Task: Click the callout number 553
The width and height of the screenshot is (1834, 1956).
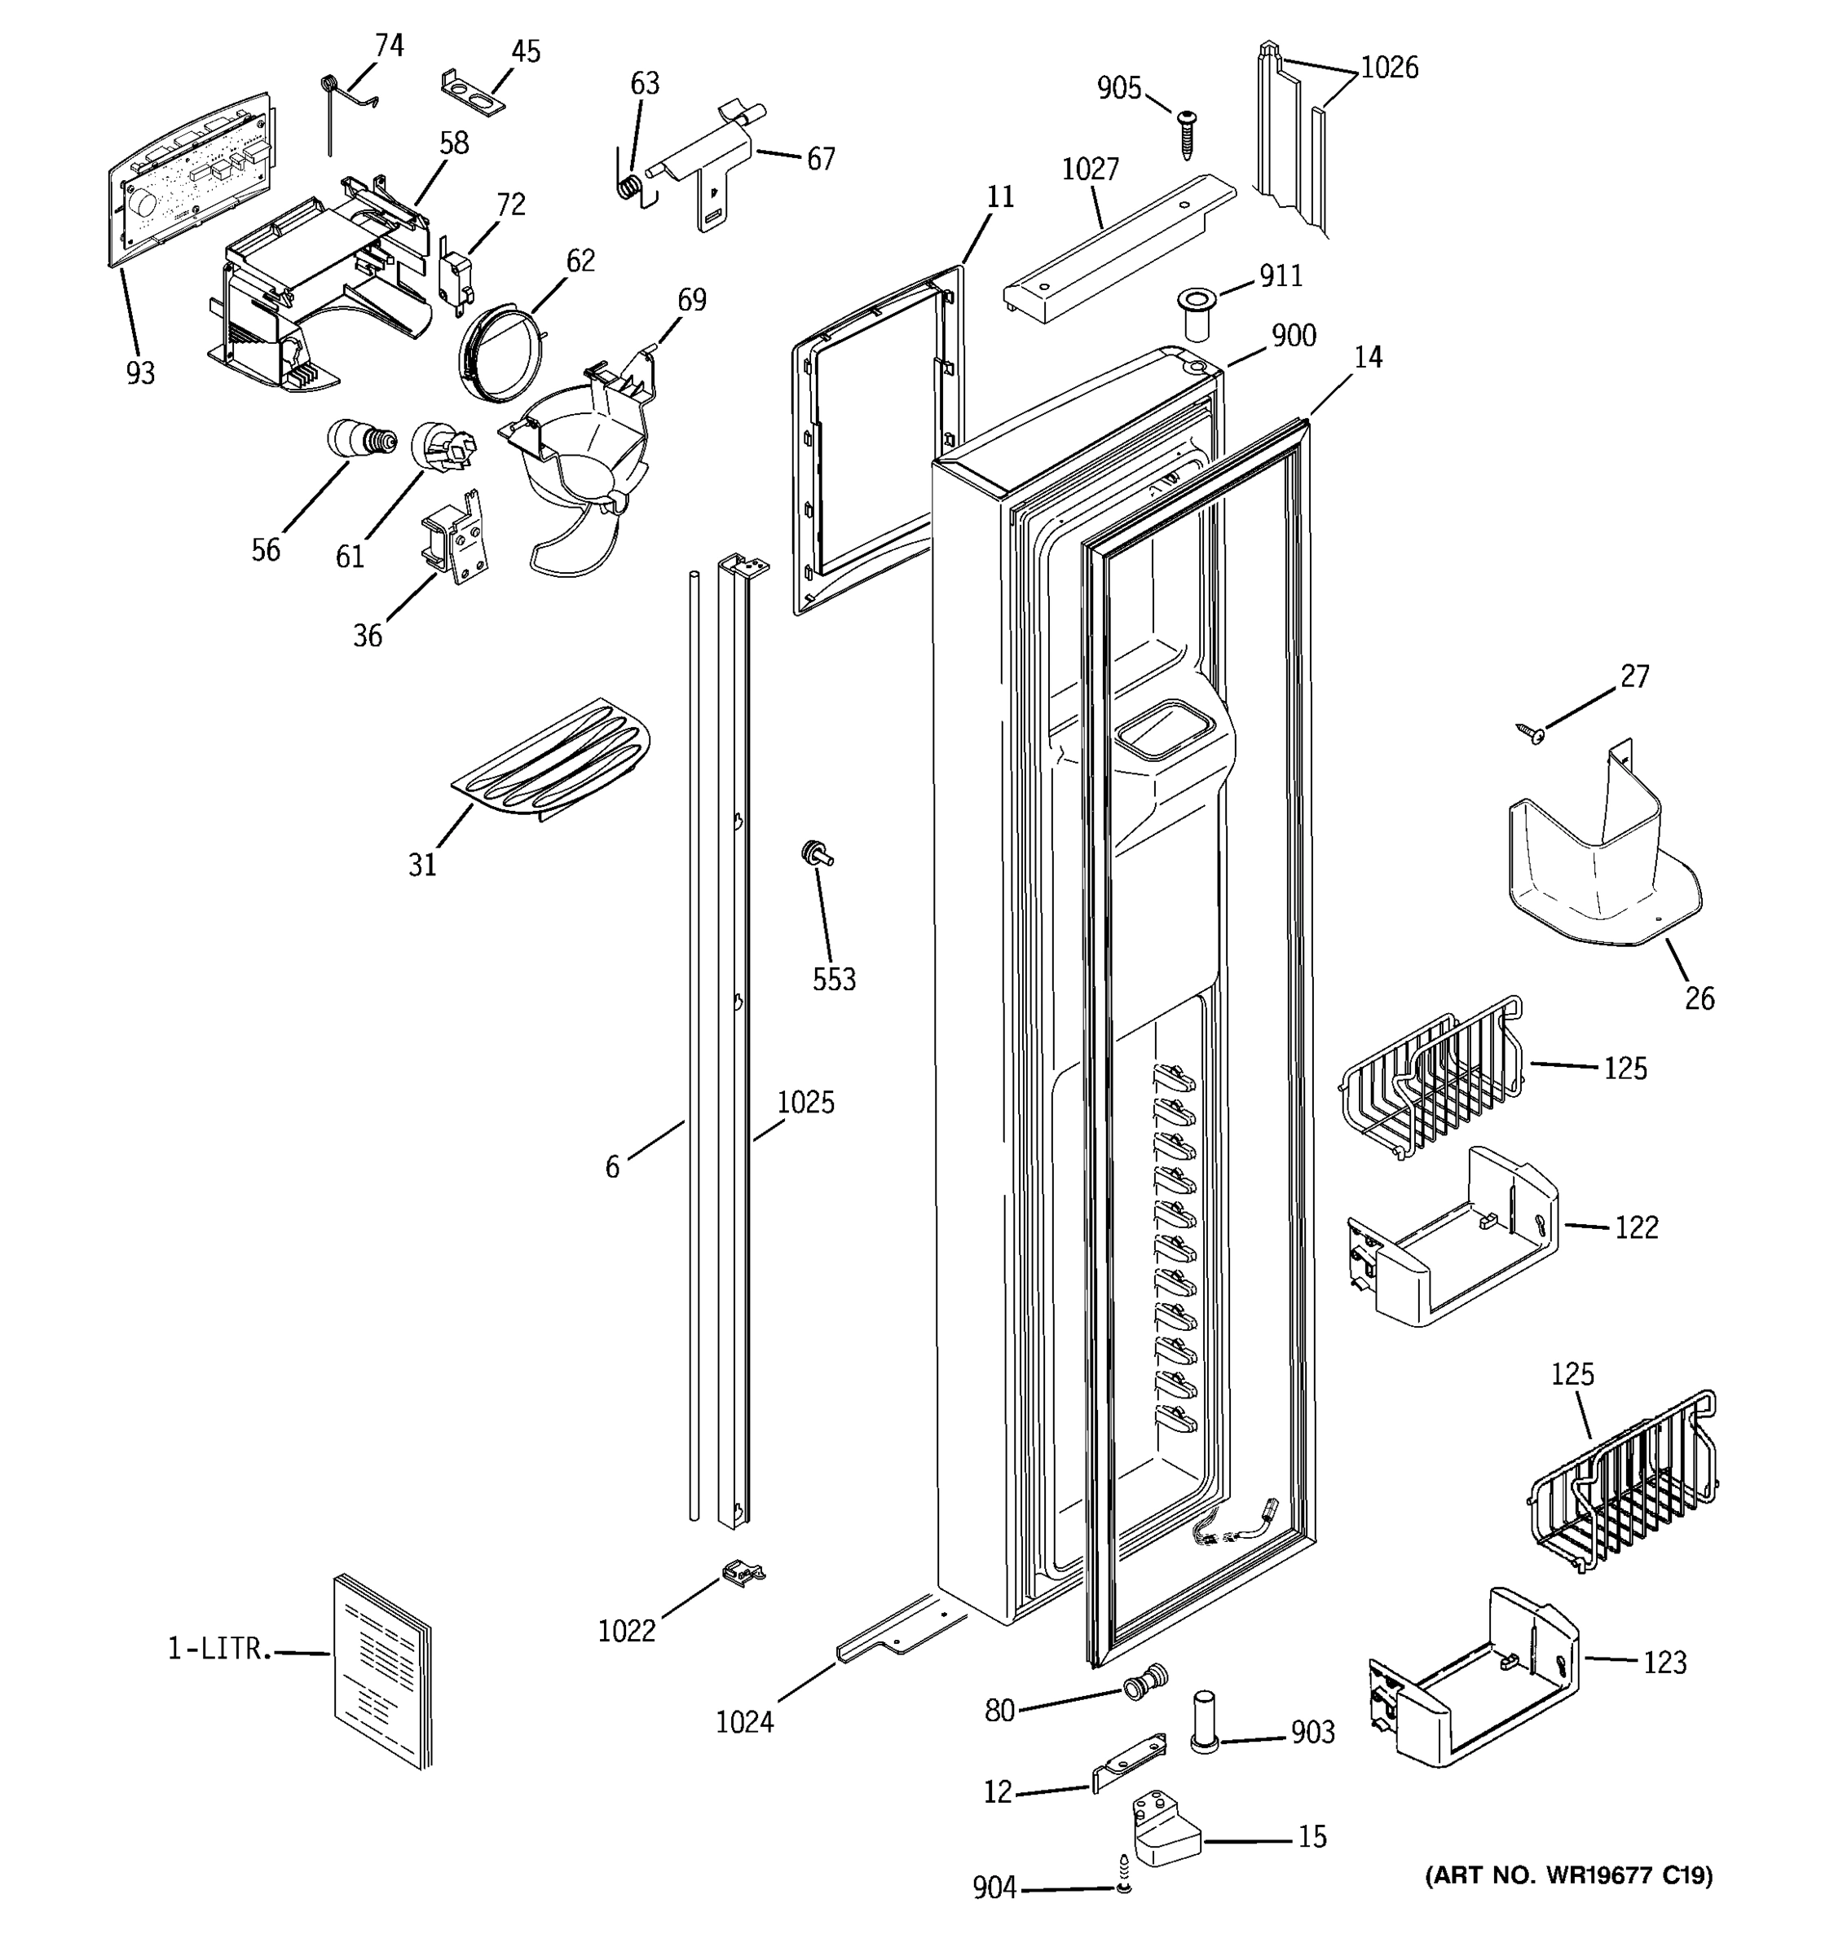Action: [833, 979]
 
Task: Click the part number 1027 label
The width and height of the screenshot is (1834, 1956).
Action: [1089, 170]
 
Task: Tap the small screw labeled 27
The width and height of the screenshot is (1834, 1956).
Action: [1530, 732]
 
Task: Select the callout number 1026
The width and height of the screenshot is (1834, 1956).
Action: [1388, 67]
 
